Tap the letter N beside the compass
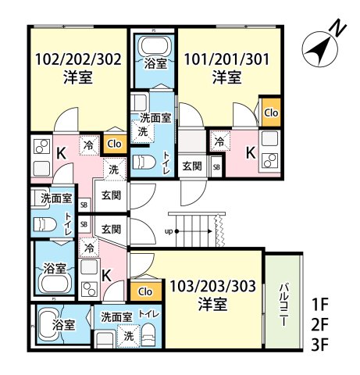click(337, 27)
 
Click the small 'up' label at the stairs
click(169, 231)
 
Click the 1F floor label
click(319, 303)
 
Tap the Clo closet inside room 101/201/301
click(270, 112)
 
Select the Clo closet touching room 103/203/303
click(144, 291)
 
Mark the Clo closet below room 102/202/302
click(115, 143)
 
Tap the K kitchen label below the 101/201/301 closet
click(250, 153)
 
